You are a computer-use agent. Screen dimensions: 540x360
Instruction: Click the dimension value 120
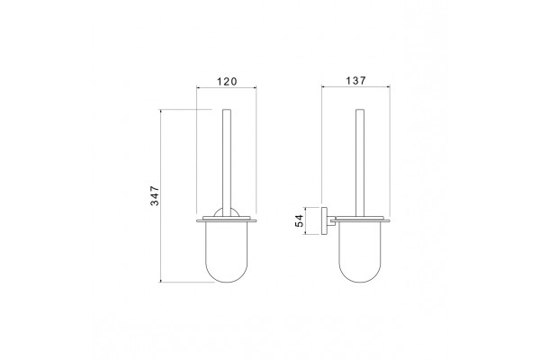pyautogui.click(x=227, y=82)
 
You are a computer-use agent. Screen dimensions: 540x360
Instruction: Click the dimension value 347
pyautogui.click(x=155, y=195)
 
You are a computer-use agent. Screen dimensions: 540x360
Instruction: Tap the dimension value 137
pyautogui.click(x=355, y=81)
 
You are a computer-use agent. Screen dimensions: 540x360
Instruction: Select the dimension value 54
pyautogui.click(x=300, y=220)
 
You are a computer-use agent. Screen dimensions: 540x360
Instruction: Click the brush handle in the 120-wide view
pyautogui.click(x=227, y=163)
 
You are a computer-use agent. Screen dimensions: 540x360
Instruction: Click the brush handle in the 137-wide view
pyautogui.click(x=360, y=163)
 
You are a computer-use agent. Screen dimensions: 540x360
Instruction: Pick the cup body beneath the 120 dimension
pyautogui.click(x=227, y=252)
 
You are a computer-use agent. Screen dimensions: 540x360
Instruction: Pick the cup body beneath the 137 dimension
pyautogui.click(x=360, y=252)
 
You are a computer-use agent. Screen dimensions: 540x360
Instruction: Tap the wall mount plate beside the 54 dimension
pyautogui.click(x=324, y=220)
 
